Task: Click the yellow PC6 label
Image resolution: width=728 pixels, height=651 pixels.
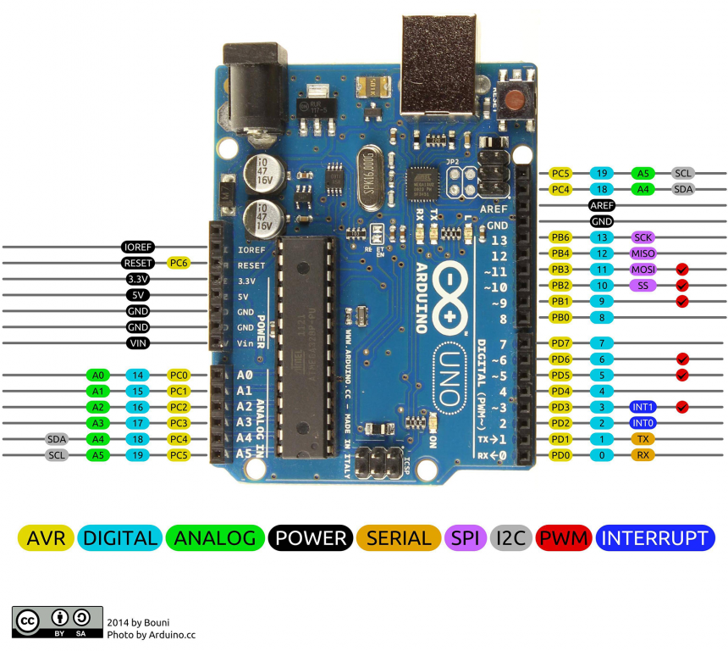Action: pyautogui.click(x=178, y=263)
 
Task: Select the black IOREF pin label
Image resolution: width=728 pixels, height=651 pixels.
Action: pyautogui.click(x=138, y=247)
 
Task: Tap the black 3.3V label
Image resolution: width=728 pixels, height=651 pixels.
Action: pyautogui.click(x=138, y=279)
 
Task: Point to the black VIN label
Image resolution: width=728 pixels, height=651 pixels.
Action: pyautogui.click(x=138, y=343)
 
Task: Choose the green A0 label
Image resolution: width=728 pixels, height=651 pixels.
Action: pyautogui.click(x=98, y=375)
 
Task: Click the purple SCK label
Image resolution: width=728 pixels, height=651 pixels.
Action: pyautogui.click(x=643, y=237)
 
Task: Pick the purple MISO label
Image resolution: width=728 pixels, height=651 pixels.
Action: pyautogui.click(x=643, y=253)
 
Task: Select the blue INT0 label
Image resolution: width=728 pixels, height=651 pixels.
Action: pyautogui.click(x=643, y=423)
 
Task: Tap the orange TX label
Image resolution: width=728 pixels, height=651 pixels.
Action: pyautogui.click(x=643, y=439)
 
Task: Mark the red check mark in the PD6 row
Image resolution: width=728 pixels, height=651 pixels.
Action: pyautogui.click(x=682, y=359)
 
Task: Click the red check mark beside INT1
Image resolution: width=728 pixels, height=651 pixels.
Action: pyautogui.click(x=682, y=407)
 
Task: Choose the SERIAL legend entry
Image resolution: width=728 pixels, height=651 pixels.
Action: pyautogui.click(x=399, y=537)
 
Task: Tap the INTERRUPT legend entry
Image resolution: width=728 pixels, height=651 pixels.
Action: pyautogui.click(x=655, y=537)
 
